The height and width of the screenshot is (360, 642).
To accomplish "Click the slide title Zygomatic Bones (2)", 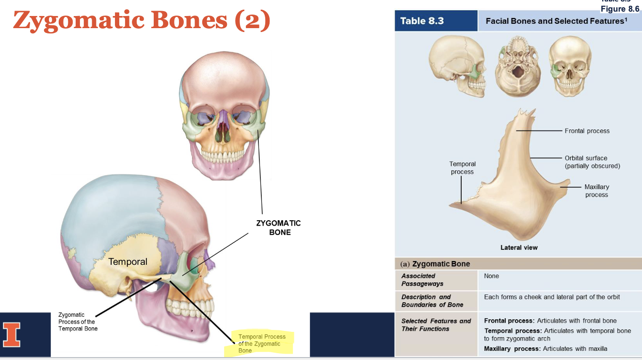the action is [x=142, y=20].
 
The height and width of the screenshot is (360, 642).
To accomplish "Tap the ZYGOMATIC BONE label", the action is [x=278, y=228].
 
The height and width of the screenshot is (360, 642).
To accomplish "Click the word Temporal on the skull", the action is [x=128, y=262].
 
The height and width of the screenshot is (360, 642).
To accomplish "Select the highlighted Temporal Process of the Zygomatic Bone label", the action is [x=261, y=343].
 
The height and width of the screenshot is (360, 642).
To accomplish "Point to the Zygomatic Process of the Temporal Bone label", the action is [x=78, y=322].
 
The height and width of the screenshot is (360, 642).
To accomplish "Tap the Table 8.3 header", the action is [x=422, y=21].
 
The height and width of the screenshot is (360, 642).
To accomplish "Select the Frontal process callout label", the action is [x=587, y=131].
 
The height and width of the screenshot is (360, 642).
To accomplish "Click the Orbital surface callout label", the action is [x=592, y=162].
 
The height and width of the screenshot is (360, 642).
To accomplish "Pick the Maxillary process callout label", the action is [x=596, y=191].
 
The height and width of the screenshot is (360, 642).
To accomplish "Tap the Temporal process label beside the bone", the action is [x=462, y=168].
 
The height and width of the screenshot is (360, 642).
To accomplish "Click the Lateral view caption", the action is [x=519, y=247].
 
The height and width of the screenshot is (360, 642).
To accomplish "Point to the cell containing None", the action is [x=491, y=276].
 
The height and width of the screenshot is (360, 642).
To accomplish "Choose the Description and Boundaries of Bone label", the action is [x=432, y=301].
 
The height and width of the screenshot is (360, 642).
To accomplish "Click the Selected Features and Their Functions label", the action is [x=436, y=325].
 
